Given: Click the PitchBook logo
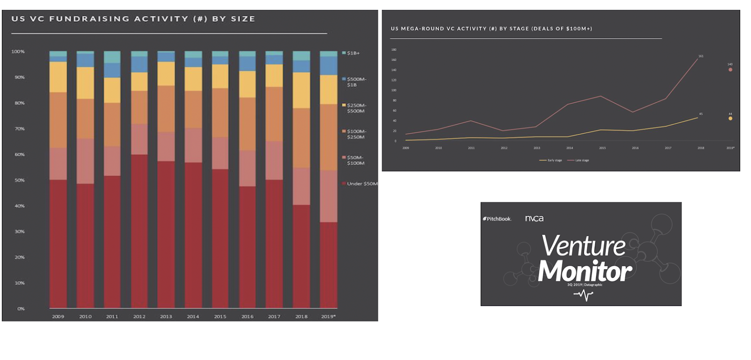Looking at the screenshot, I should coord(497,219).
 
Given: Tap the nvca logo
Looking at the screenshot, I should coord(534,218).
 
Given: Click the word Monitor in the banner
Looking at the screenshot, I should coord(585,271).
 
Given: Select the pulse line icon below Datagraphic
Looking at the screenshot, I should coord(583,295).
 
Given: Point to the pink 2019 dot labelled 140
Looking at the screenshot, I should coord(730,69).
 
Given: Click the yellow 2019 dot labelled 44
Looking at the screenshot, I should coord(730,118).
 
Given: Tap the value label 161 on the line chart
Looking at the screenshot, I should coord(701,56).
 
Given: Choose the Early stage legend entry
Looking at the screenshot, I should coord(551,161).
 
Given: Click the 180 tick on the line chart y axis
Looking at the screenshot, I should coord(394,50).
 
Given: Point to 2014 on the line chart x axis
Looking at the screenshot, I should coord(569,148).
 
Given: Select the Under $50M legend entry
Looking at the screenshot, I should coord(361,184).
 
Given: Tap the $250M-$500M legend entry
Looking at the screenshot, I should coord(355,108).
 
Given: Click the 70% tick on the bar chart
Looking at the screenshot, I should coord(19,129).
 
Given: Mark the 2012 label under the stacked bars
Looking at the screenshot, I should coord(139,316).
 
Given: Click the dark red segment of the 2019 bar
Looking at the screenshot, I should coord(328,265).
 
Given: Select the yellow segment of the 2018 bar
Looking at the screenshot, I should coord(301,90).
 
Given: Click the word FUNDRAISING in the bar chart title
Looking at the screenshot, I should coord(89,19).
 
